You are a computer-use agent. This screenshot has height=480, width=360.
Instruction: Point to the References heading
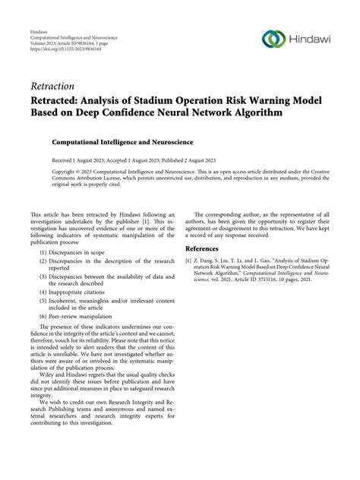point(207,248)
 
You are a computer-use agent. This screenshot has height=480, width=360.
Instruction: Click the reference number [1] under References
point(189,261)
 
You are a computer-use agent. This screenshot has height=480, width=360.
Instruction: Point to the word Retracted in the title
point(58,99)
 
